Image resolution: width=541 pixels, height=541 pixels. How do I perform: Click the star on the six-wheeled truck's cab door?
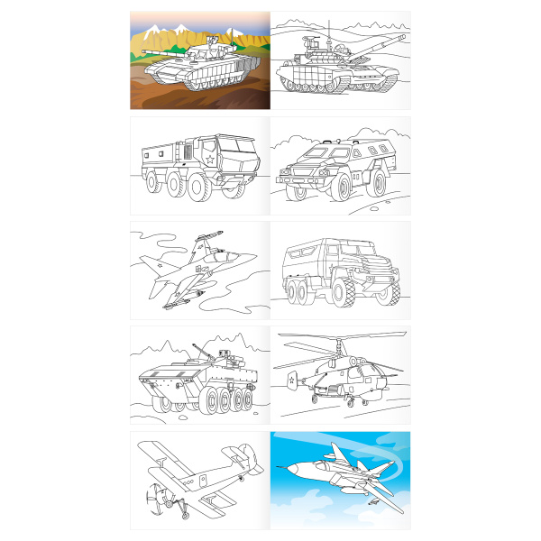[209, 160]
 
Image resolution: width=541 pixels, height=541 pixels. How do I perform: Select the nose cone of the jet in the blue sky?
[287, 470]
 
